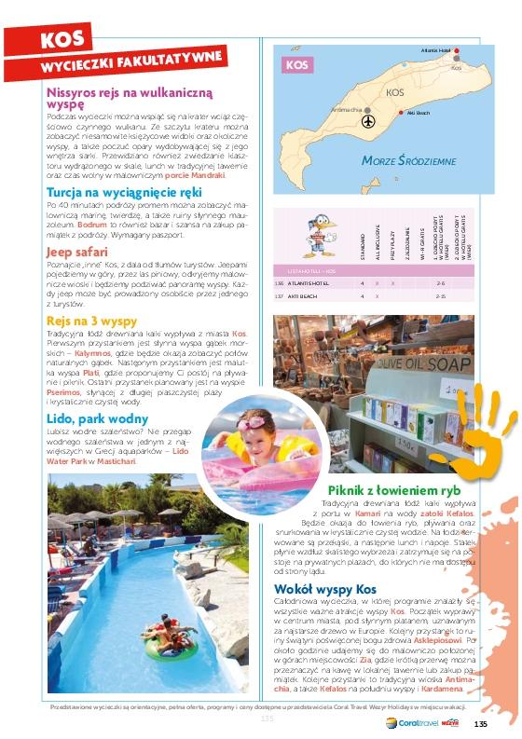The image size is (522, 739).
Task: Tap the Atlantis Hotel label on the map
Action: (435, 49)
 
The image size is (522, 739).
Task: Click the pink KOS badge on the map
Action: (296, 65)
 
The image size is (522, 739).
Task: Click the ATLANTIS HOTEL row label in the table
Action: (306, 282)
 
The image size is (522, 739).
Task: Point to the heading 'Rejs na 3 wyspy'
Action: (91, 322)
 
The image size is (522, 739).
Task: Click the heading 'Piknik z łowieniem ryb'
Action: (394, 491)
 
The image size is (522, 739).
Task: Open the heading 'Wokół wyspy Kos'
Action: (325, 590)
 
